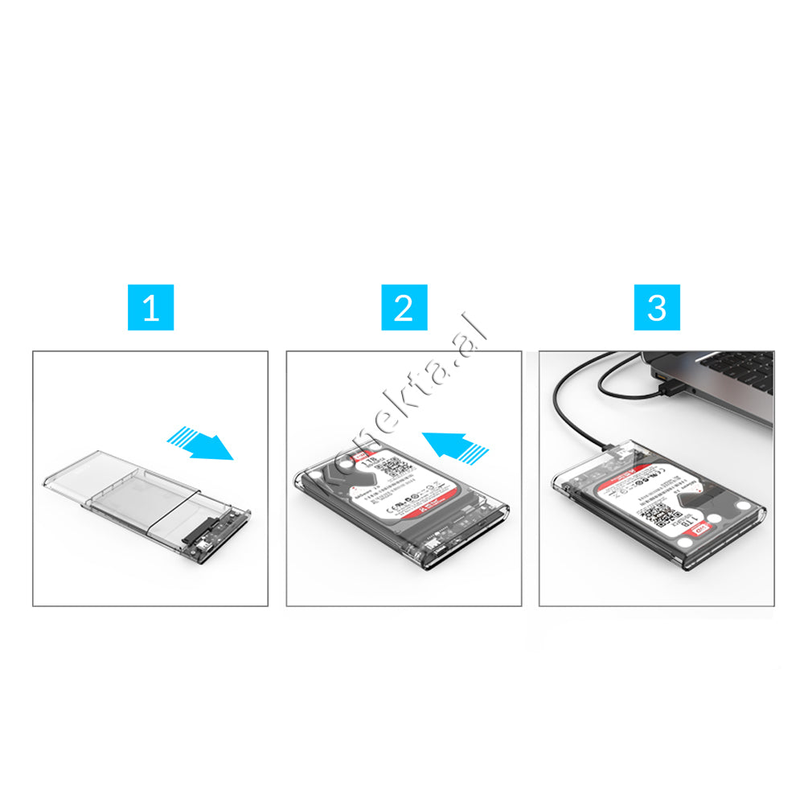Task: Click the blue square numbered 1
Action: [150, 307]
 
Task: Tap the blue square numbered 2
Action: [404, 307]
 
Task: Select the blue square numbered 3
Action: [657, 307]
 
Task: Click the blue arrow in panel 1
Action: [200, 445]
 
